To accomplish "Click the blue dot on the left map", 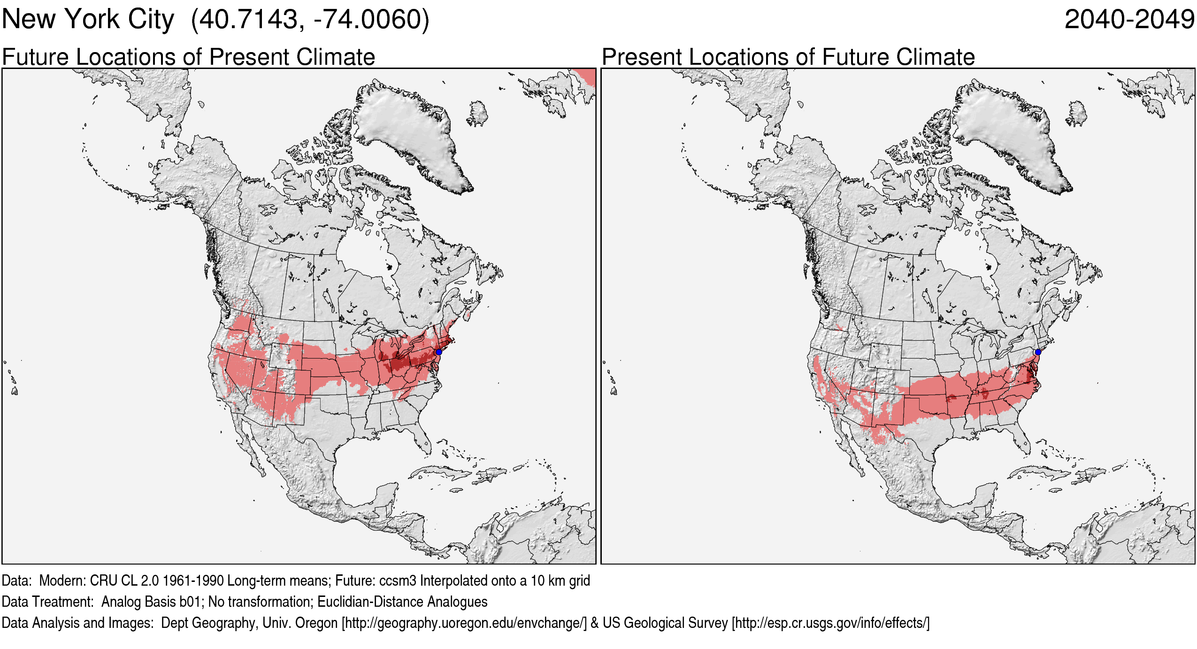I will (x=438, y=351).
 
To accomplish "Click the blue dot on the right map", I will (x=1038, y=351).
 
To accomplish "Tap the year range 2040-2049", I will (x=1129, y=20).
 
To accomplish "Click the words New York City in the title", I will (x=88, y=20).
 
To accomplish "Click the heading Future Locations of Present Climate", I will (x=188, y=57).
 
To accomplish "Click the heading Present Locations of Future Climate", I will (x=788, y=57).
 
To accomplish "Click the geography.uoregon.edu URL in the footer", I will (x=464, y=623).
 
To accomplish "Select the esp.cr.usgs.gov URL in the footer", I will (x=830, y=623).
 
